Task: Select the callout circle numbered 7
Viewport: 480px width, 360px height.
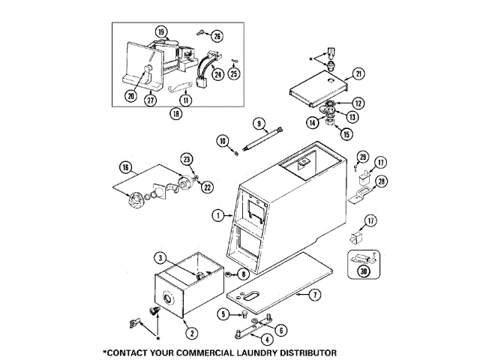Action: (315, 295)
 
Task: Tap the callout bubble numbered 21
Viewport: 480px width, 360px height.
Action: (358, 73)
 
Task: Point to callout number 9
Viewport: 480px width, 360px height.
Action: (258, 123)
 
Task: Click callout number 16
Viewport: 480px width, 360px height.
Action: (125, 167)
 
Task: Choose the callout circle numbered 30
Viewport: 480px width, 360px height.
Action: (364, 271)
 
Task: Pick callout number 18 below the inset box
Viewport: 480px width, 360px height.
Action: (176, 115)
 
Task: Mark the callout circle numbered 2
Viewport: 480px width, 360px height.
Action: (191, 333)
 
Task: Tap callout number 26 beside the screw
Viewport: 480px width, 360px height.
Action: (217, 36)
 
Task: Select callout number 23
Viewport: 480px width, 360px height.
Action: (187, 158)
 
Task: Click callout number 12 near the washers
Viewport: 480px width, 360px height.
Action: (358, 103)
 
